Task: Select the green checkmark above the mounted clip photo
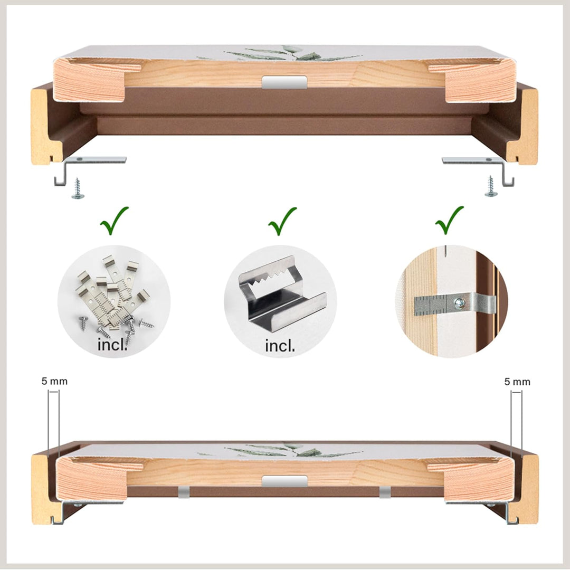coord(449,221)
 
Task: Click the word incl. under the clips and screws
coord(112,346)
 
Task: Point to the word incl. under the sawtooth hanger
coord(280,346)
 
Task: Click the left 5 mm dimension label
coord(54,381)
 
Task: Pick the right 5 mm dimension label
coord(517,381)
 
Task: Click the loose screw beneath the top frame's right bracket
coord(491,187)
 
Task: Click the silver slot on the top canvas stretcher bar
coord(284,82)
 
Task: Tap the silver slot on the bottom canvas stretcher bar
coord(284,481)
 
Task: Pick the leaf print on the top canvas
coord(288,53)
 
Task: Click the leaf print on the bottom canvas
coord(288,450)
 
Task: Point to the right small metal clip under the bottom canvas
coord(385,492)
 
